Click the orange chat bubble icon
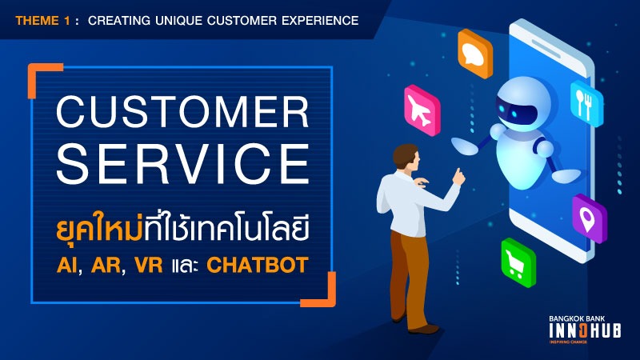point(474,54)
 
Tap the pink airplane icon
point(422,110)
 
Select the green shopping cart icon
point(518,263)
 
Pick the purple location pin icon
point(589,218)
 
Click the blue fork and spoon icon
point(586,103)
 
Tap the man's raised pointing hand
point(458,176)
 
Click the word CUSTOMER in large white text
point(182,112)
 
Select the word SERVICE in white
point(182,164)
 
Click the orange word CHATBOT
point(257,265)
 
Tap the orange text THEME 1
point(43,21)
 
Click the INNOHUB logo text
point(585,330)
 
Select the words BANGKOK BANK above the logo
point(577,318)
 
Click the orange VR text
point(149,265)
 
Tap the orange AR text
point(106,265)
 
